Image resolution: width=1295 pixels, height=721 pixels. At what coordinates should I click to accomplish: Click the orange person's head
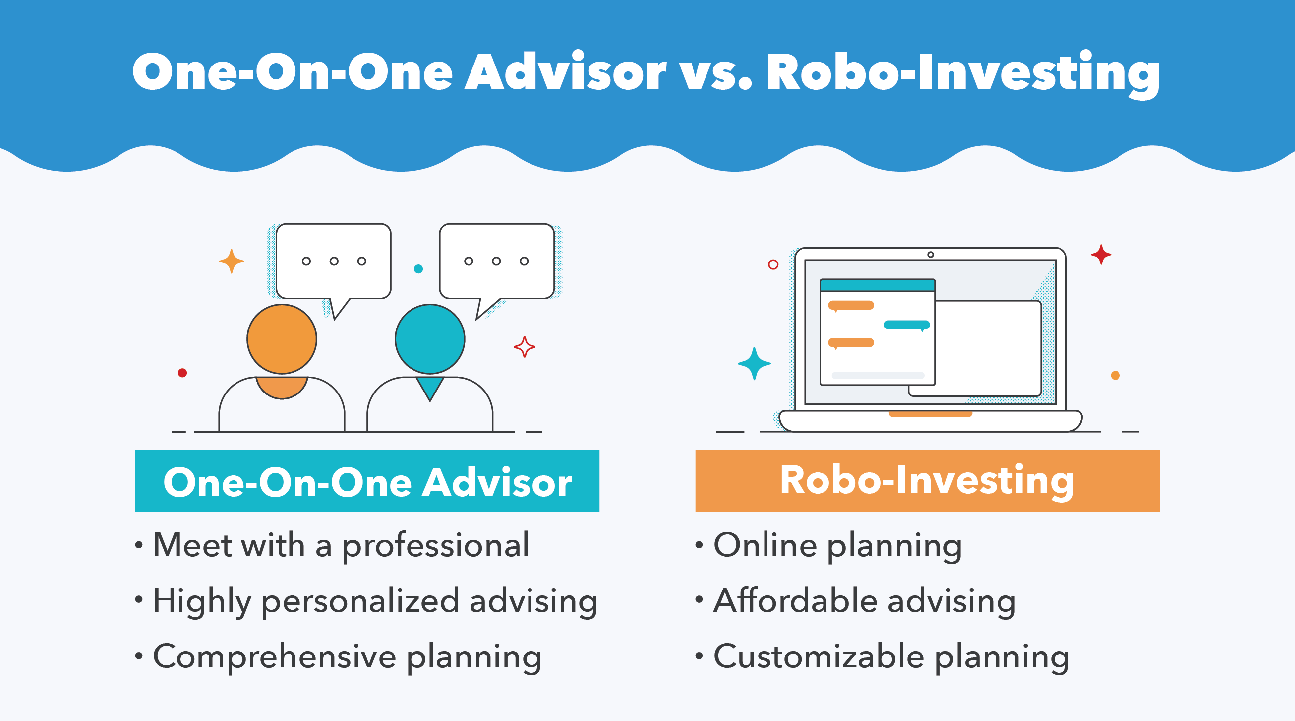pyautogui.click(x=282, y=339)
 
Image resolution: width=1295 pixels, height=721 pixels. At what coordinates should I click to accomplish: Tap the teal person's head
pyautogui.click(x=430, y=339)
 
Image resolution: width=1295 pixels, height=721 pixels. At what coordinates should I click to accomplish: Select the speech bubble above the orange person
pyautogui.click(x=333, y=261)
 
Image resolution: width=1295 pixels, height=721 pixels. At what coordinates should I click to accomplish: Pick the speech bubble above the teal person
pyautogui.click(x=497, y=261)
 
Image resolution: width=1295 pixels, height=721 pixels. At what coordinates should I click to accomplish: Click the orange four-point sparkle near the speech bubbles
pyautogui.click(x=231, y=261)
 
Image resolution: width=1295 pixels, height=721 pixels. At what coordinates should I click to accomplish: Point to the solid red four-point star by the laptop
pyautogui.click(x=1101, y=255)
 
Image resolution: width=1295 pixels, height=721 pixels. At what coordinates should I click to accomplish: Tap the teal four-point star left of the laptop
pyautogui.click(x=754, y=363)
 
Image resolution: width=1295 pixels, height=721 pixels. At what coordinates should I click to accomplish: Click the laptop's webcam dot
pyautogui.click(x=931, y=255)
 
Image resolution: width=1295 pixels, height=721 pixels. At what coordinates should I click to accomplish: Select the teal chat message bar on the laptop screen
pyautogui.click(x=906, y=325)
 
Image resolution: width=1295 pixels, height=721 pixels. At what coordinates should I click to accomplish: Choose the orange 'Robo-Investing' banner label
pyautogui.click(x=927, y=480)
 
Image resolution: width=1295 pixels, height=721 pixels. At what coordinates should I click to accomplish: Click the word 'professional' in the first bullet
pyautogui.click(x=435, y=546)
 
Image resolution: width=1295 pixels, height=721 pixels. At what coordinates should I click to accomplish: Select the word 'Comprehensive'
pyautogui.click(x=275, y=656)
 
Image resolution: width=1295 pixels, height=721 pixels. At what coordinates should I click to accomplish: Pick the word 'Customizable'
pyautogui.click(x=819, y=656)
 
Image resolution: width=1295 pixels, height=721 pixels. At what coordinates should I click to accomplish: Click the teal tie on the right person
pyautogui.click(x=430, y=388)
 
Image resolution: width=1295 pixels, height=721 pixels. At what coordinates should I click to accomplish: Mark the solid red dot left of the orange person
pyautogui.click(x=182, y=373)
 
